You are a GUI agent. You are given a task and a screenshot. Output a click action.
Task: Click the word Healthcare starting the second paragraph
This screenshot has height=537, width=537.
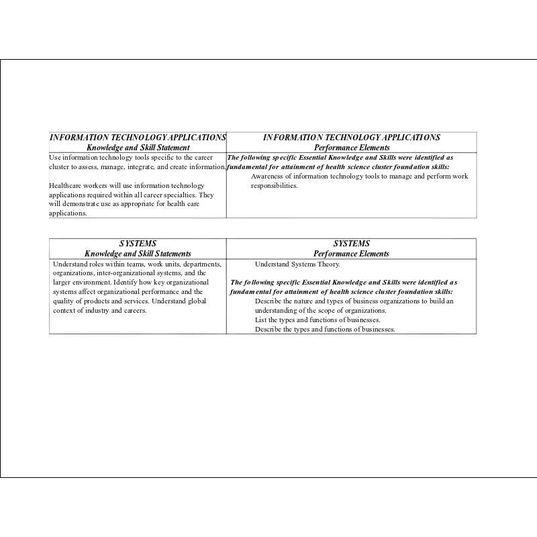(66, 185)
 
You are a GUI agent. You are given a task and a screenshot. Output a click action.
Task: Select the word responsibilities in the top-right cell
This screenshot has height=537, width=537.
(274, 186)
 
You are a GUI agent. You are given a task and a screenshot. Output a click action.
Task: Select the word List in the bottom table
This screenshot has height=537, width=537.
(260, 320)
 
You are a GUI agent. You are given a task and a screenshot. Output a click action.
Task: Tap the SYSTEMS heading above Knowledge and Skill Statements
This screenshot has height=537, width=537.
(138, 244)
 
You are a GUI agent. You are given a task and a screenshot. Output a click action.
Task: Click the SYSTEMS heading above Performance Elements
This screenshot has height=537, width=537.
(351, 244)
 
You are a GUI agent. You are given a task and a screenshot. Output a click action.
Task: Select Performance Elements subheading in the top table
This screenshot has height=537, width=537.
(351, 148)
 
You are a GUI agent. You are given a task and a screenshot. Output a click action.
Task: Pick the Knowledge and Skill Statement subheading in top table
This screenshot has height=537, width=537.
(138, 148)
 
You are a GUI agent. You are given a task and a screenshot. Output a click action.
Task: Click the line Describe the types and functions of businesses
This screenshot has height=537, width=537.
(325, 330)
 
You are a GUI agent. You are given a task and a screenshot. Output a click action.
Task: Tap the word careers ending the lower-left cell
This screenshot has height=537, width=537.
(134, 311)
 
